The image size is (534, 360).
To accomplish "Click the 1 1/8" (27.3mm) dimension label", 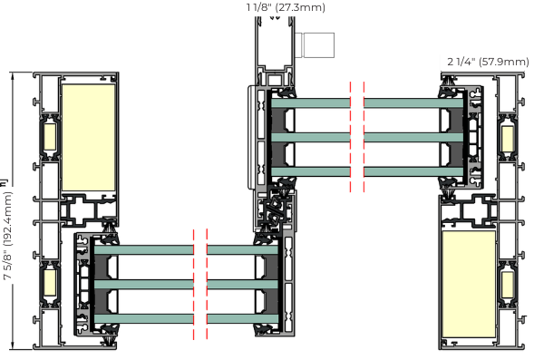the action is (286, 7).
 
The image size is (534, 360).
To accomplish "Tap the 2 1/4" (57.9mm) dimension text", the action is (488, 62).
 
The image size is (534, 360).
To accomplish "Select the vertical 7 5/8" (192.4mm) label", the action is (7, 236).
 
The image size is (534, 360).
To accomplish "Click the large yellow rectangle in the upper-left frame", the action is (89, 138).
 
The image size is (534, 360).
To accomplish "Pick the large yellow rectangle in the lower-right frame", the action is (469, 285).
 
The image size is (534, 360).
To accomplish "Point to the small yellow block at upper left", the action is (50, 137).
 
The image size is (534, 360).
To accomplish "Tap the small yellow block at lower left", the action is (50, 283).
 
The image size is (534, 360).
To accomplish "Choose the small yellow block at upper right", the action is (508, 139).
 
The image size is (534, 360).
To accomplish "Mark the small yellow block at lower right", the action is (508, 285).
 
